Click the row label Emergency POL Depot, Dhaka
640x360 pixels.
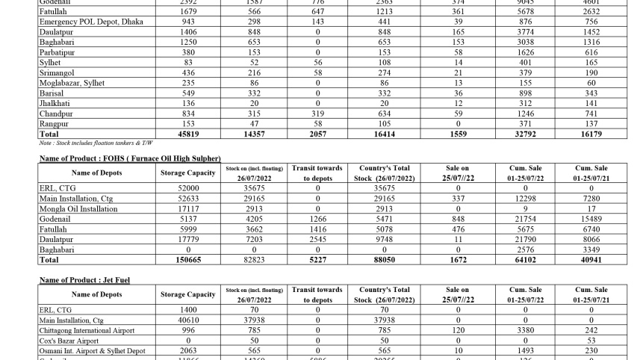[90, 22]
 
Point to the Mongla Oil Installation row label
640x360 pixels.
[78, 209]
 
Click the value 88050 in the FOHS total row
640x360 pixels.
[385, 260]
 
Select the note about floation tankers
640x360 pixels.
[96, 143]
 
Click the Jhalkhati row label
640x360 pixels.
[55, 103]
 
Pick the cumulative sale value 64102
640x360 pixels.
[526, 260]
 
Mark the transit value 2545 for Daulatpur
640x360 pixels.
[317, 240]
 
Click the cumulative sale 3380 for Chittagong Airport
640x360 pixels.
[526, 330]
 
